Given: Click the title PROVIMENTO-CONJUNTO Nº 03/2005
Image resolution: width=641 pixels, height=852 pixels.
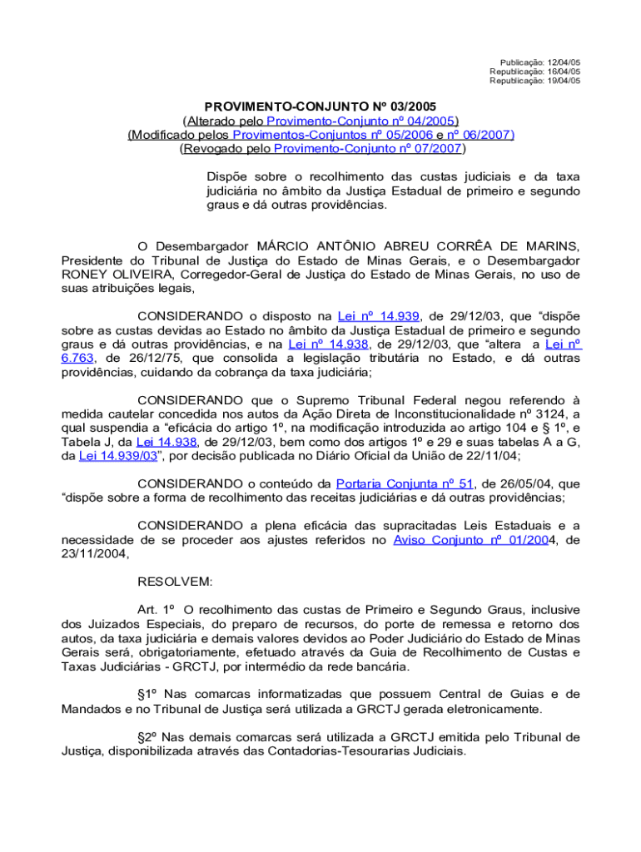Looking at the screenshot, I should [x=320, y=106].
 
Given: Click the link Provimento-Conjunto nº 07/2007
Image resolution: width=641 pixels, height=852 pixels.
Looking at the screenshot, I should [x=367, y=149].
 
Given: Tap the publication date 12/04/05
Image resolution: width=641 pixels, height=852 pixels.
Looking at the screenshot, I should [x=564, y=62].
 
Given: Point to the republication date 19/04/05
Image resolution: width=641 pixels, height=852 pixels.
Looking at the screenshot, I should [x=564, y=81].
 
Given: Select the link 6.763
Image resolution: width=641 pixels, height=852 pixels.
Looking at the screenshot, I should [x=77, y=358].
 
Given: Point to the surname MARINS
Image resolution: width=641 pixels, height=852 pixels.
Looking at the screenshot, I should [x=549, y=246].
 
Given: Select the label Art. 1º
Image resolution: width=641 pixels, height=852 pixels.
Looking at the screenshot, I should [x=156, y=610].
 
